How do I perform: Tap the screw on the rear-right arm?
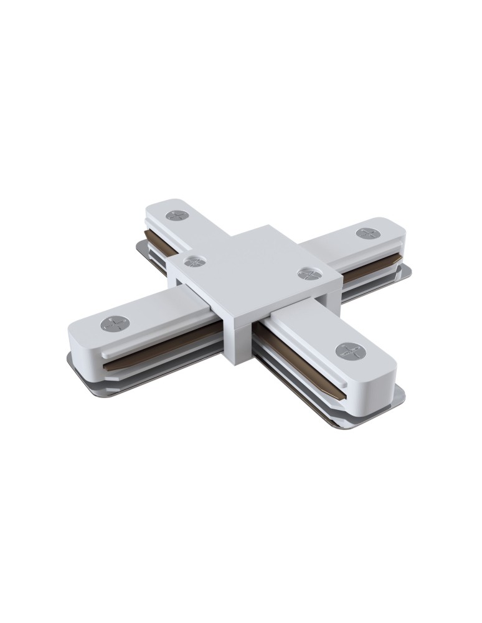(x=364, y=233)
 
